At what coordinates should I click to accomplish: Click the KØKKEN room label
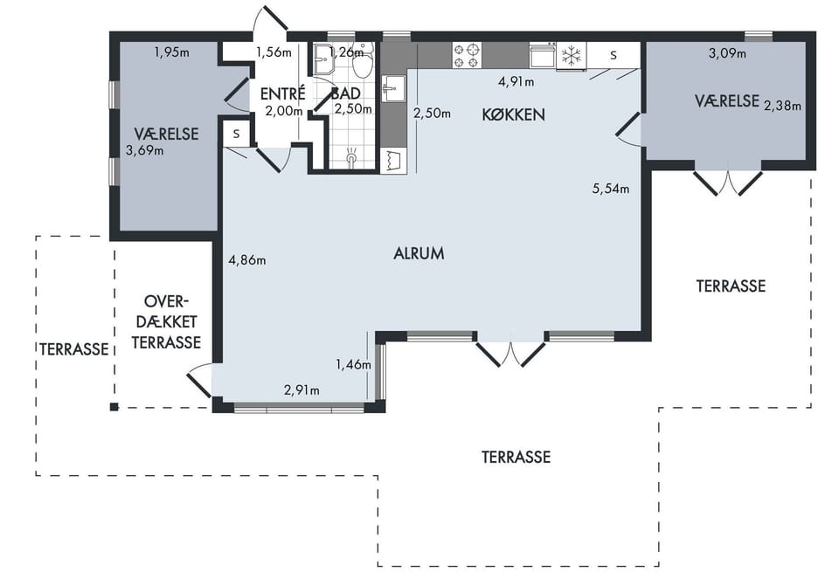[x=513, y=114]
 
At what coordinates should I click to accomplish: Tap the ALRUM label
[x=419, y=253]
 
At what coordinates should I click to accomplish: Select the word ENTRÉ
[x=282, y=93]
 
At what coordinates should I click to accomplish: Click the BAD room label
[x=346, y=93]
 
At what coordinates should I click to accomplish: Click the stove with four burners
[x=467, y=56]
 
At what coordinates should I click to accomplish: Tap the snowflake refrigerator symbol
[x=572, y=56]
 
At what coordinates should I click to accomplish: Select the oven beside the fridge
[x=543, y=56]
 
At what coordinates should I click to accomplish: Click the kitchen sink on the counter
[x=393, y=88]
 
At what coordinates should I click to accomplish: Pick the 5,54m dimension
[x=611, y=188]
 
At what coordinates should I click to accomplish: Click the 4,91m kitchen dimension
[x=516, y=82]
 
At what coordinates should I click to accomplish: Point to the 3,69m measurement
[x=144, y=150]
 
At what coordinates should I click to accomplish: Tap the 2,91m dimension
[x=302, y=390]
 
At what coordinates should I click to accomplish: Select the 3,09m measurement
[x=727, y=53]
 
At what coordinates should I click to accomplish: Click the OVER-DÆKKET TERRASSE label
[x=166, y=322]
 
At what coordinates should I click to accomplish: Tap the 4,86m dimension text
[x=247, y=260]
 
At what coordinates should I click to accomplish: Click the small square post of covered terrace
[x=114, y=407]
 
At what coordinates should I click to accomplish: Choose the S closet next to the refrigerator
[x=614, y=55]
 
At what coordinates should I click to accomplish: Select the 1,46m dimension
[x=353, y=365]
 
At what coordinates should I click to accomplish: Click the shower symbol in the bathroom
[x=351, y=155]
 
